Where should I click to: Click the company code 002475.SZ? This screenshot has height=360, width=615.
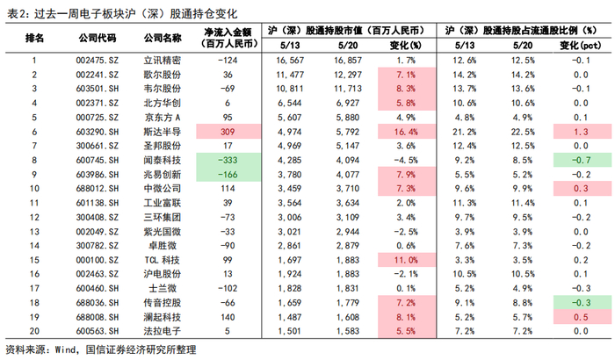pos(98,61)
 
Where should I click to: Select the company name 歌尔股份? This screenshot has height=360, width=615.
pos(163,75)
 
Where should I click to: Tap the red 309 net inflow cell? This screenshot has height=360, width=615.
pos(228,132)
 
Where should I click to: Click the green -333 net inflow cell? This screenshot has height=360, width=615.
pos(228,160)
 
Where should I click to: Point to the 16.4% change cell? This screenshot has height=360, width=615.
pos(406,132)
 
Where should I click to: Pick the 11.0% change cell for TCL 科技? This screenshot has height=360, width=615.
pos(406,260)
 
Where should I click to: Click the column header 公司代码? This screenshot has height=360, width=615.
pos(98,38)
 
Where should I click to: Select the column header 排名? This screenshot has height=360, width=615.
pos(34,38)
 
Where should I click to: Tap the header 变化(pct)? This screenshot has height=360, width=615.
pos(581,46)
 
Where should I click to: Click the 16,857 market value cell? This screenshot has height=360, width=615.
pos(348,61)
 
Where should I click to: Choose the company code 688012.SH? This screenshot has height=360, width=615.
pos(98,189)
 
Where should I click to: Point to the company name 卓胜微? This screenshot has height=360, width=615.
pos(163,246)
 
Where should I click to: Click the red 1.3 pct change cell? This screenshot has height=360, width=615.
pos(581,132)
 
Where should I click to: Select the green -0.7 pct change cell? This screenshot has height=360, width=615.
pos(581,160)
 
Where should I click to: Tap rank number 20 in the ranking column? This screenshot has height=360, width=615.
pos(34,331)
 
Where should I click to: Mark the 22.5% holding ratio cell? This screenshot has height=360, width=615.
pos(523,132)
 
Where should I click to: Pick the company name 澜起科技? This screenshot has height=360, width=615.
pos(163,317)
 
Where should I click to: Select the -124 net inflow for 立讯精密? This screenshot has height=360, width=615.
pos(228,61)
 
